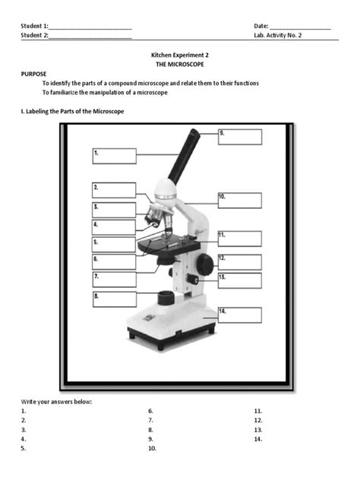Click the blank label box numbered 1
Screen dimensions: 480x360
click(x=114, y=156)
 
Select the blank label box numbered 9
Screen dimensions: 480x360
click(x=239, y=137)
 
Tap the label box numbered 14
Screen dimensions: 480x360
click(x=239, y=315)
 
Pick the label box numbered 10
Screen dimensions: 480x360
click(x=239, y=201)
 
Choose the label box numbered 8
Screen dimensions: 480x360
click(x=114, y=298)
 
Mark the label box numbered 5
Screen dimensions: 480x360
click(x=114, y=245)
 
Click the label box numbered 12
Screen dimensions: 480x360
click(x=239, y=262)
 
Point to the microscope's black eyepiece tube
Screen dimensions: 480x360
click(x=185, y=156)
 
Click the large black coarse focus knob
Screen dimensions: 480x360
click(x=204, y=263)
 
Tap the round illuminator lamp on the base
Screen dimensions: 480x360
click(x=165, y=297)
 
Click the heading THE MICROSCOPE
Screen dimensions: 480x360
click(x=181, y=66)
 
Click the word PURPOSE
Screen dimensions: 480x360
click(x=33, y=74)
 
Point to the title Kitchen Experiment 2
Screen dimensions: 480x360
click(x=181, y=56)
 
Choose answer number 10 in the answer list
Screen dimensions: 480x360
click(x=153, y=448)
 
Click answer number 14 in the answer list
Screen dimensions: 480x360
click(x=259, y=438)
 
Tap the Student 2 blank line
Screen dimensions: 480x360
click(x=90, y=36)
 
